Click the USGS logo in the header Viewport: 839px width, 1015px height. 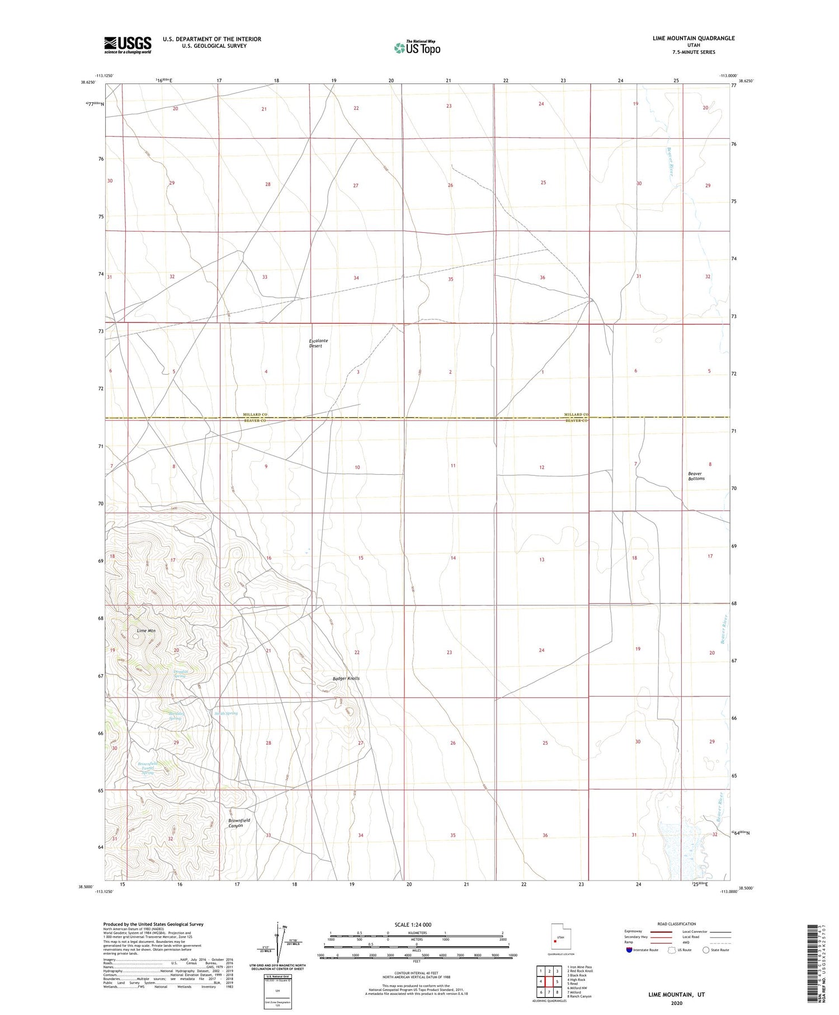point(128,45)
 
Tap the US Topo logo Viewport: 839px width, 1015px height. point(417,48)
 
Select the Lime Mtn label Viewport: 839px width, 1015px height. point(146,630)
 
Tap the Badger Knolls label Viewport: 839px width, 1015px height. point(346,678)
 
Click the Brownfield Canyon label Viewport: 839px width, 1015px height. point(239,822)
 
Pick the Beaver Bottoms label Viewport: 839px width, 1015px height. point(696,476)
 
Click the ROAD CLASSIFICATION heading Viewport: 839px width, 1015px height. point(677,924)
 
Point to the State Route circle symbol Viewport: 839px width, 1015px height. point(706,949)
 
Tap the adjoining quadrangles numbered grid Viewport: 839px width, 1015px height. point(549,981)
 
